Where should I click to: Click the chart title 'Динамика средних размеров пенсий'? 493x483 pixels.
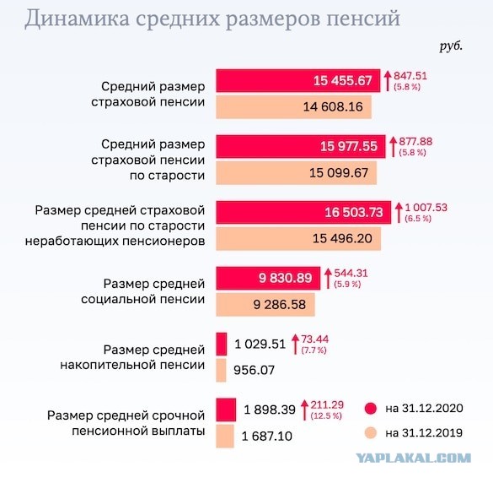click(x=212, y=19)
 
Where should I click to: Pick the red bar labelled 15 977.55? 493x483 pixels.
click(x=300, y=146)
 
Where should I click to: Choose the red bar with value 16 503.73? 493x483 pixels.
click(x=303, y=212)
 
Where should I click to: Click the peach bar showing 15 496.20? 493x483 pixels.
click(x=298, y=239)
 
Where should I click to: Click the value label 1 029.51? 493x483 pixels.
click(x=260, y=344)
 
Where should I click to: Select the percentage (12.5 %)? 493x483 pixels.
click(x=325, y=416)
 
